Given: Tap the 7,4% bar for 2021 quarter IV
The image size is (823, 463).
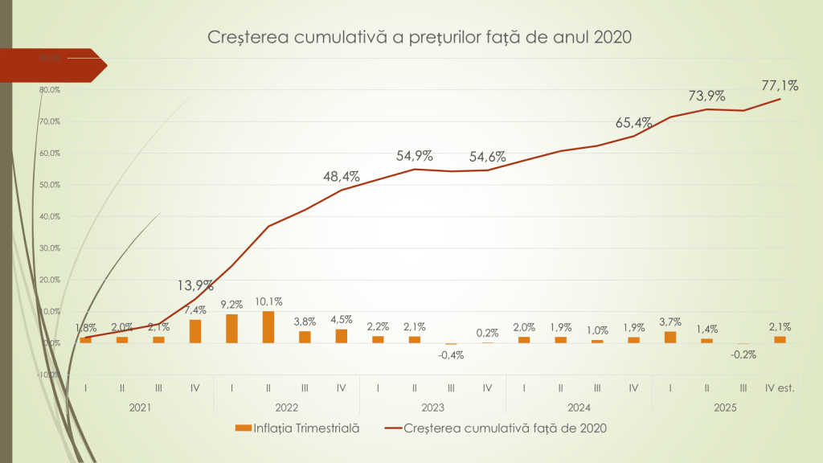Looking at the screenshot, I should pos(195,331).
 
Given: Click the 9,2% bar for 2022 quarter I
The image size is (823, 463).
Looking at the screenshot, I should pos(231,328).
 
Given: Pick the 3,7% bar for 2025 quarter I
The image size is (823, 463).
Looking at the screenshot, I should pos(670,338).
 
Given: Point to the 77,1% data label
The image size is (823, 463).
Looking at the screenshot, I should pos(778,84).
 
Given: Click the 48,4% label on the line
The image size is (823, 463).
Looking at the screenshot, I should pos(342,176).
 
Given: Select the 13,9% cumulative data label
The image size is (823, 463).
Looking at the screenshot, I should pos(195,285).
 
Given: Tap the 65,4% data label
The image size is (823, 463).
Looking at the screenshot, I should pos(633,123).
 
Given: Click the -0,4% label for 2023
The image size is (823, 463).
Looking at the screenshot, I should pos(451,356).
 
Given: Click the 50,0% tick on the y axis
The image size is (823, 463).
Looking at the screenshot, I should pos(50,185).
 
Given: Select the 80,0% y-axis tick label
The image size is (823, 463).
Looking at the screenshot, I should pos(50,90).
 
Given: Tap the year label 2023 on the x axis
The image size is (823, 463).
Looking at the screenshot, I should pos(432,408).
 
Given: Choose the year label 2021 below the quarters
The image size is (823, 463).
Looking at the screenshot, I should pos(141,408).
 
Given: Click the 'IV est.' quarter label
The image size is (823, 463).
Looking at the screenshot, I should pos(780,388).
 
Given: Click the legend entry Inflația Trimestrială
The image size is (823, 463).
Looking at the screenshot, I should pos(297,428).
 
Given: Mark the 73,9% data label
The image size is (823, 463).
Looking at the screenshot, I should pos(706,96).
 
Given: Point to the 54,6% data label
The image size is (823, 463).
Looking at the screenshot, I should pos(488,157).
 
